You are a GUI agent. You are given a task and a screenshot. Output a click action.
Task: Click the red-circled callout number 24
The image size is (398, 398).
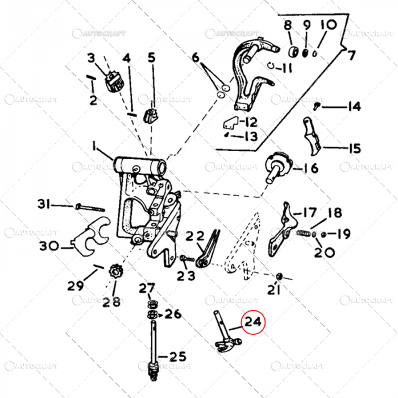click(x=254, y=324)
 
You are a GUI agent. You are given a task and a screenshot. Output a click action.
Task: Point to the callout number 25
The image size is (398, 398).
click(x=176, y=357)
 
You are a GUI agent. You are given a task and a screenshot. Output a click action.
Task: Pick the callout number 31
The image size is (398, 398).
click(x=45, y=204)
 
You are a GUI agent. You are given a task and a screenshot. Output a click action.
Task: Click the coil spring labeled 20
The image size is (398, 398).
click(x=304, y=234)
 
